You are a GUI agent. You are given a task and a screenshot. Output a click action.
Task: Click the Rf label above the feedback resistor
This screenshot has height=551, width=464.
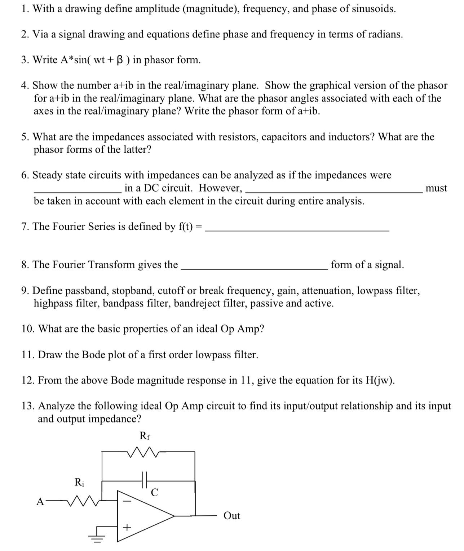145,436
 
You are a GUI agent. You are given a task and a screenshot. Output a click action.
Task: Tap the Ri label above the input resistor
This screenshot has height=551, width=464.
79,482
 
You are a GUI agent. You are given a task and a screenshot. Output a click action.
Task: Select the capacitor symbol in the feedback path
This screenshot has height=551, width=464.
145,480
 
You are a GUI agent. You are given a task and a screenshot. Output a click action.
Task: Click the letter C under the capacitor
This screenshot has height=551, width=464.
154,492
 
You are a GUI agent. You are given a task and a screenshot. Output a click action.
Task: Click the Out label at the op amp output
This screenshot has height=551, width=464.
231,516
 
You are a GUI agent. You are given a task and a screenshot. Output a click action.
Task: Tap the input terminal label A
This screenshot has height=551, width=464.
40,501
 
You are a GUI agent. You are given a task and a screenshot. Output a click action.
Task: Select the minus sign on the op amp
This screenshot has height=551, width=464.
128,501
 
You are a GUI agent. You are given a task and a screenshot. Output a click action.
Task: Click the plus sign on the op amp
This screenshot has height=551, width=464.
127,528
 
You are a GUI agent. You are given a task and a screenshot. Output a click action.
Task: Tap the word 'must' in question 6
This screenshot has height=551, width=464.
436,188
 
